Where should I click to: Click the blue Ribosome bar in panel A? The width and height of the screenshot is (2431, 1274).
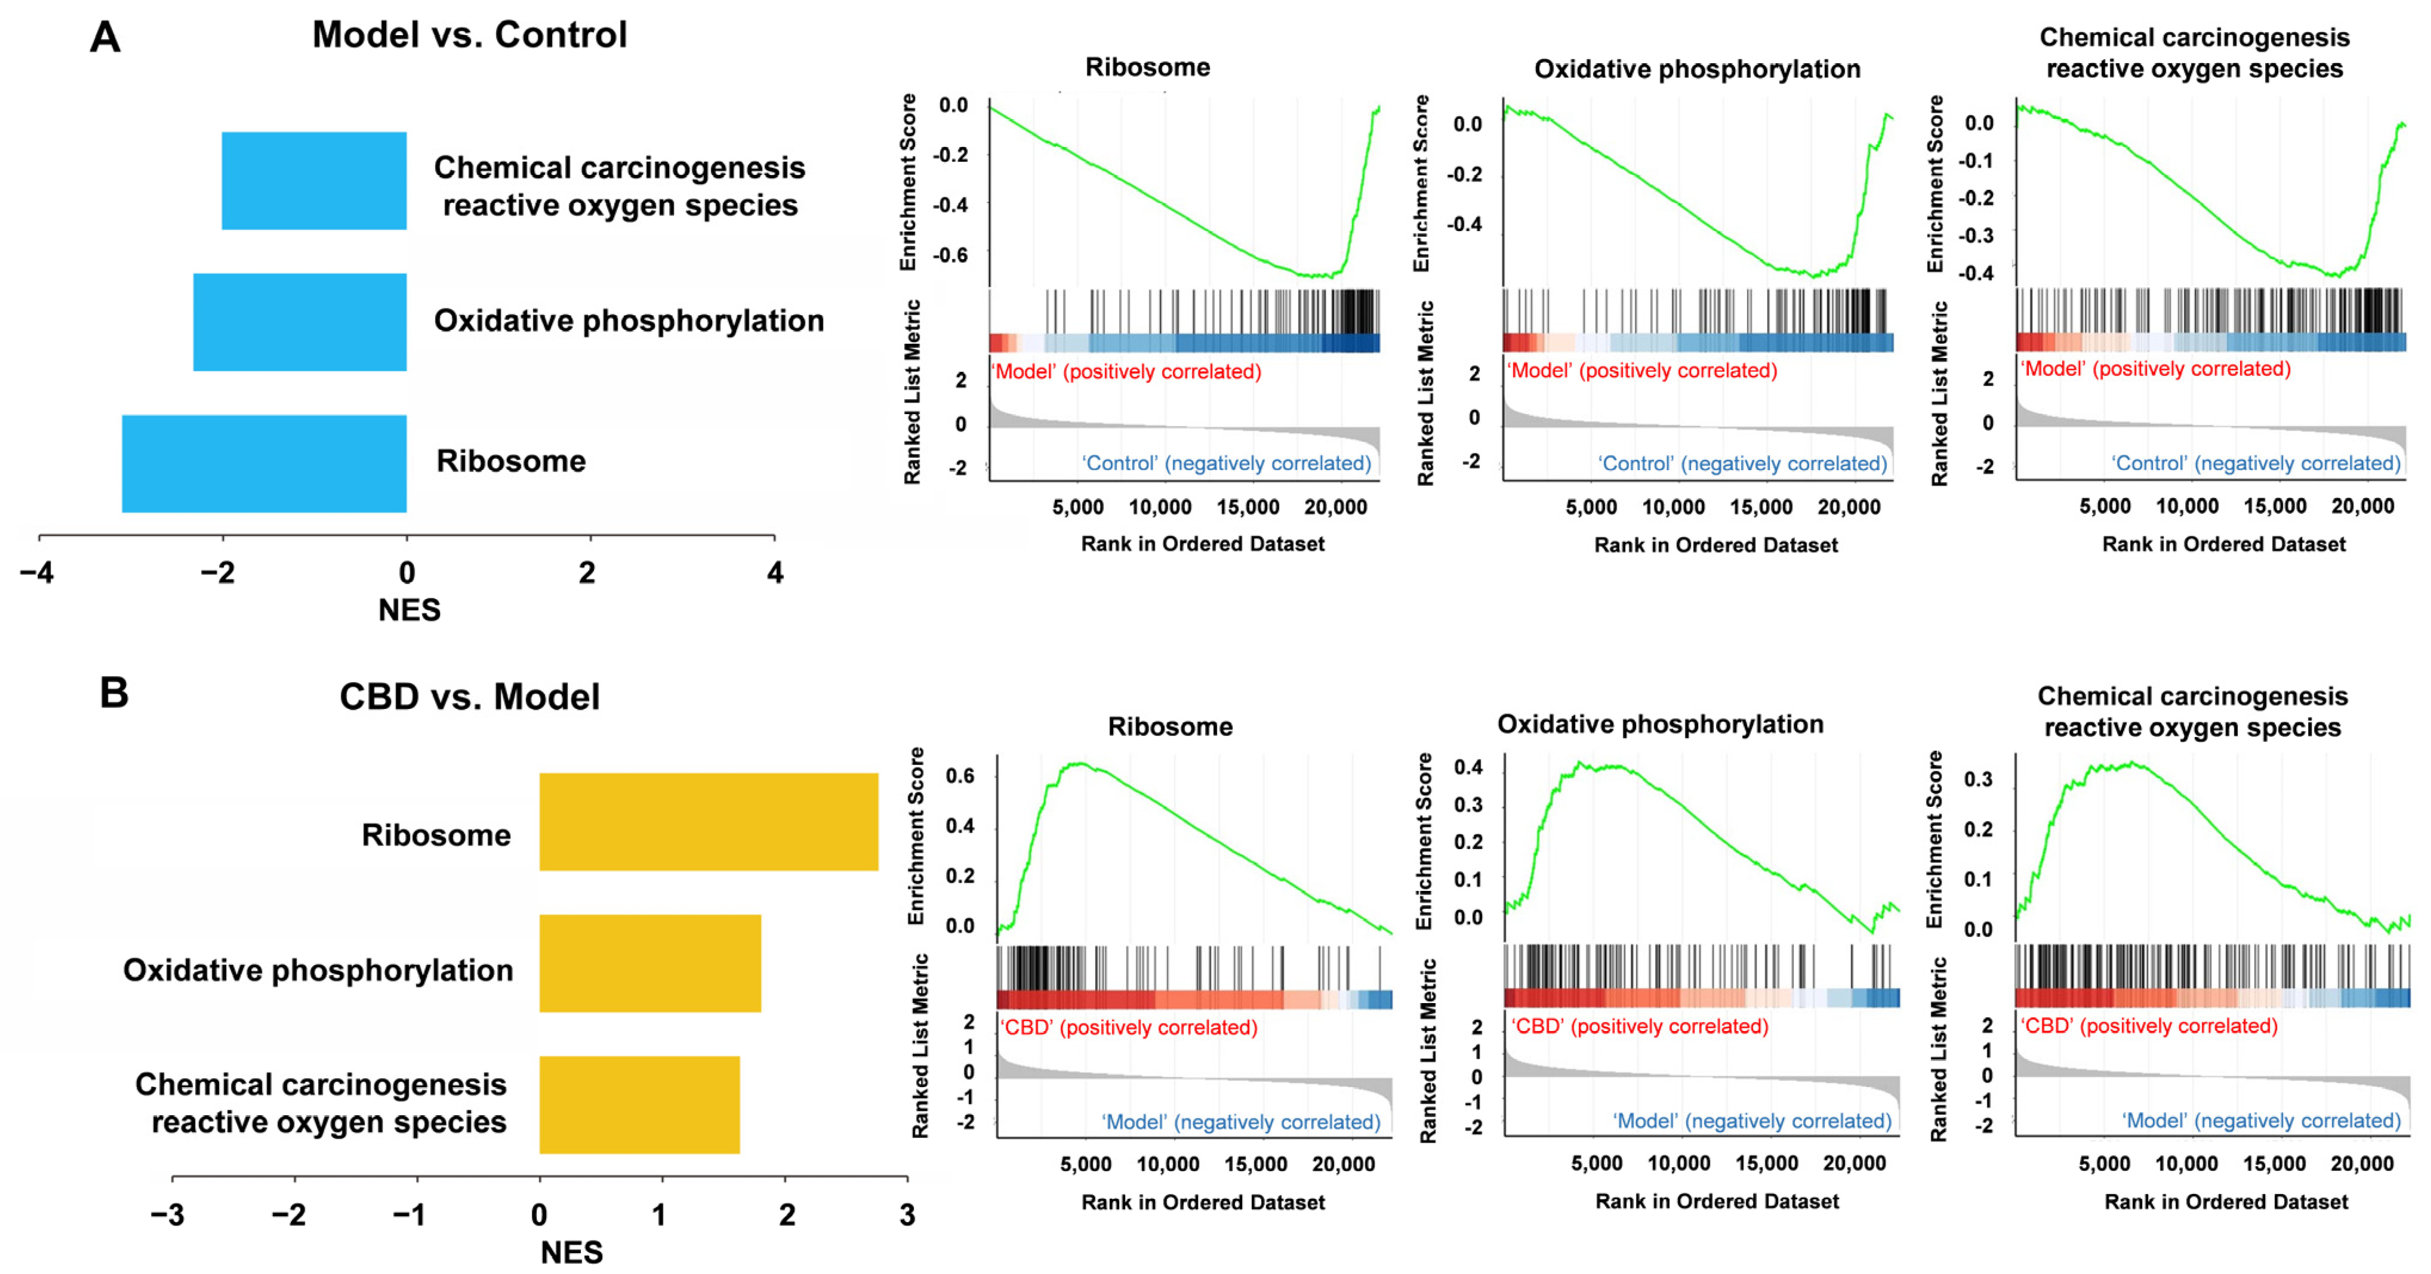[264, 464]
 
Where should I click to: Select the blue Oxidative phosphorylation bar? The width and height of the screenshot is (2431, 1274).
[300, 322]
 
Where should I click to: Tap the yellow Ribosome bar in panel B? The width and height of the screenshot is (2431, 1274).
[708, 821]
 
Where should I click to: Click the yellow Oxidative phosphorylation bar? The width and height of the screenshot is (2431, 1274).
[649, 963]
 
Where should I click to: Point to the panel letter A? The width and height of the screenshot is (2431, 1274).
[105, 38]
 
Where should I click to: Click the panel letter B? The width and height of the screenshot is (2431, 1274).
[113, 693]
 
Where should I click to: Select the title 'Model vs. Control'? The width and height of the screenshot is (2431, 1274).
[469, 35]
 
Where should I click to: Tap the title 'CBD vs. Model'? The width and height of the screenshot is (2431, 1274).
[469, 696]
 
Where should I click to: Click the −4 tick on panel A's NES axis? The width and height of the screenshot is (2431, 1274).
[37, 573]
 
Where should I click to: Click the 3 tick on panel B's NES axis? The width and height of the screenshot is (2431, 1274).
[907, 1214]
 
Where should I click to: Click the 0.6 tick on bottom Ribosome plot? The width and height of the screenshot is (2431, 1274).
[960, 776]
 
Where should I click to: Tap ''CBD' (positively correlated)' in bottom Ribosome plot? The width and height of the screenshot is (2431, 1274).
[1129, 1027]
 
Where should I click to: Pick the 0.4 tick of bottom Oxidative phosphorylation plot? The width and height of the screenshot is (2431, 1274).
[1468, 767]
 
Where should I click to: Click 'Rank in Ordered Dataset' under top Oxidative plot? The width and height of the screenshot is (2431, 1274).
[1716, 545]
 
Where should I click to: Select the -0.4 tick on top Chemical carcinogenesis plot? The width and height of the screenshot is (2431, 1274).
[1976, 273]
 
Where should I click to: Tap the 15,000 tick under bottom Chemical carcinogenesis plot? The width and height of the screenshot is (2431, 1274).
[2275, 1164]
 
